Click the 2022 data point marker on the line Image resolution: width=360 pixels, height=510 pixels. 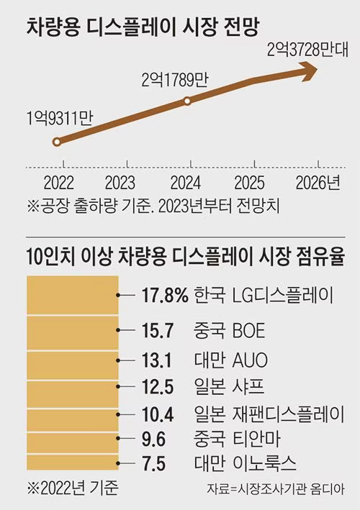[x=58, y=142]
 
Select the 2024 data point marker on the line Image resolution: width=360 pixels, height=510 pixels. [x=187, y=101]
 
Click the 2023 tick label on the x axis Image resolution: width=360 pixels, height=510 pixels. [x=120, y=181]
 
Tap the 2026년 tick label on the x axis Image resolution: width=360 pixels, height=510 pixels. [x=318, y=181]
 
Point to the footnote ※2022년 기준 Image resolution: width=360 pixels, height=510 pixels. [x=71, y=488]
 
